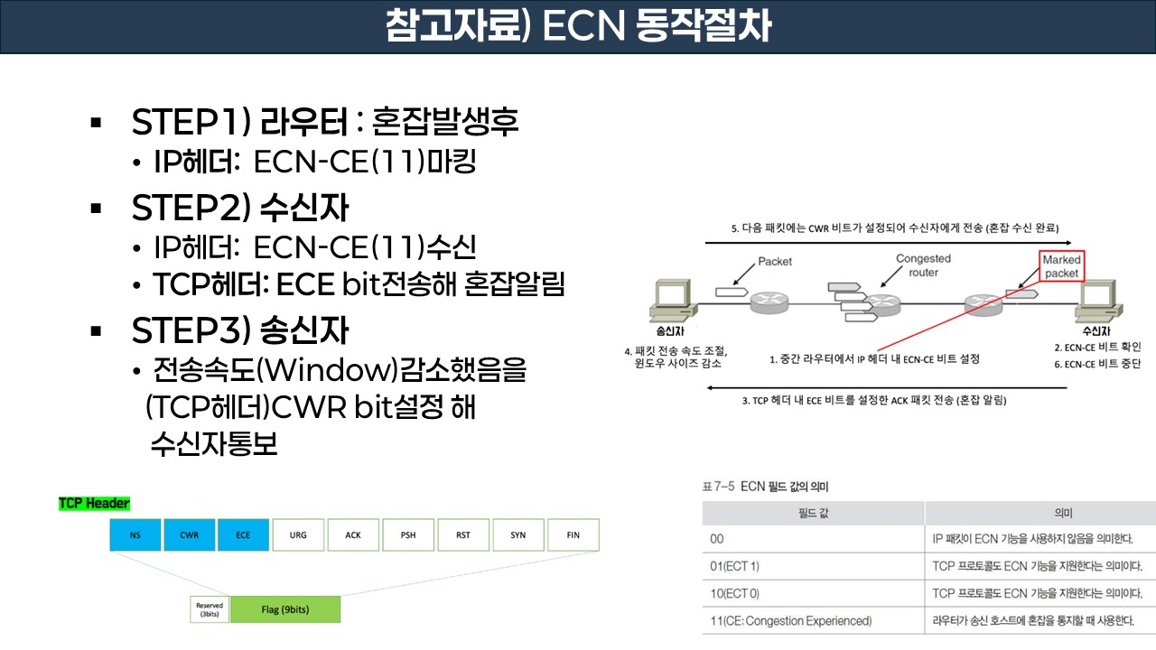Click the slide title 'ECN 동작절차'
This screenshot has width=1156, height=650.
578,26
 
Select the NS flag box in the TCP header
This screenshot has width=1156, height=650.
135,534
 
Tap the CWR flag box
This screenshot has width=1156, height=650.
190,534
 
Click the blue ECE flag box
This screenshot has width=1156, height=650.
244,534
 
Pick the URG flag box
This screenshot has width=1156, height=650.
299,534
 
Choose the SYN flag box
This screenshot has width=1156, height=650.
517,534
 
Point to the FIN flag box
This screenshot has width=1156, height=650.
573,534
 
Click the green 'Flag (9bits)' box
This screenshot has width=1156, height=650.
285,609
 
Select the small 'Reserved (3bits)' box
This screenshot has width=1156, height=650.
210,609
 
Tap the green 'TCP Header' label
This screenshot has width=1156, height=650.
94,503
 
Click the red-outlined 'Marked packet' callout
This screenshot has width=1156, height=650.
1061,266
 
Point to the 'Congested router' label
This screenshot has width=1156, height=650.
923,265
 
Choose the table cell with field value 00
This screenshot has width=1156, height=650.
813,539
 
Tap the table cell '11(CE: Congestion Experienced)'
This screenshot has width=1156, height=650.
813,620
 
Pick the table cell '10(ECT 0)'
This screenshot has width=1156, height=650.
813,593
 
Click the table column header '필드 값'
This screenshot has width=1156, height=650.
813,513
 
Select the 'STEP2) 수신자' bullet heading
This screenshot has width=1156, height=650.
239,209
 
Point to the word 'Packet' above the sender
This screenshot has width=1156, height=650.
774,262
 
